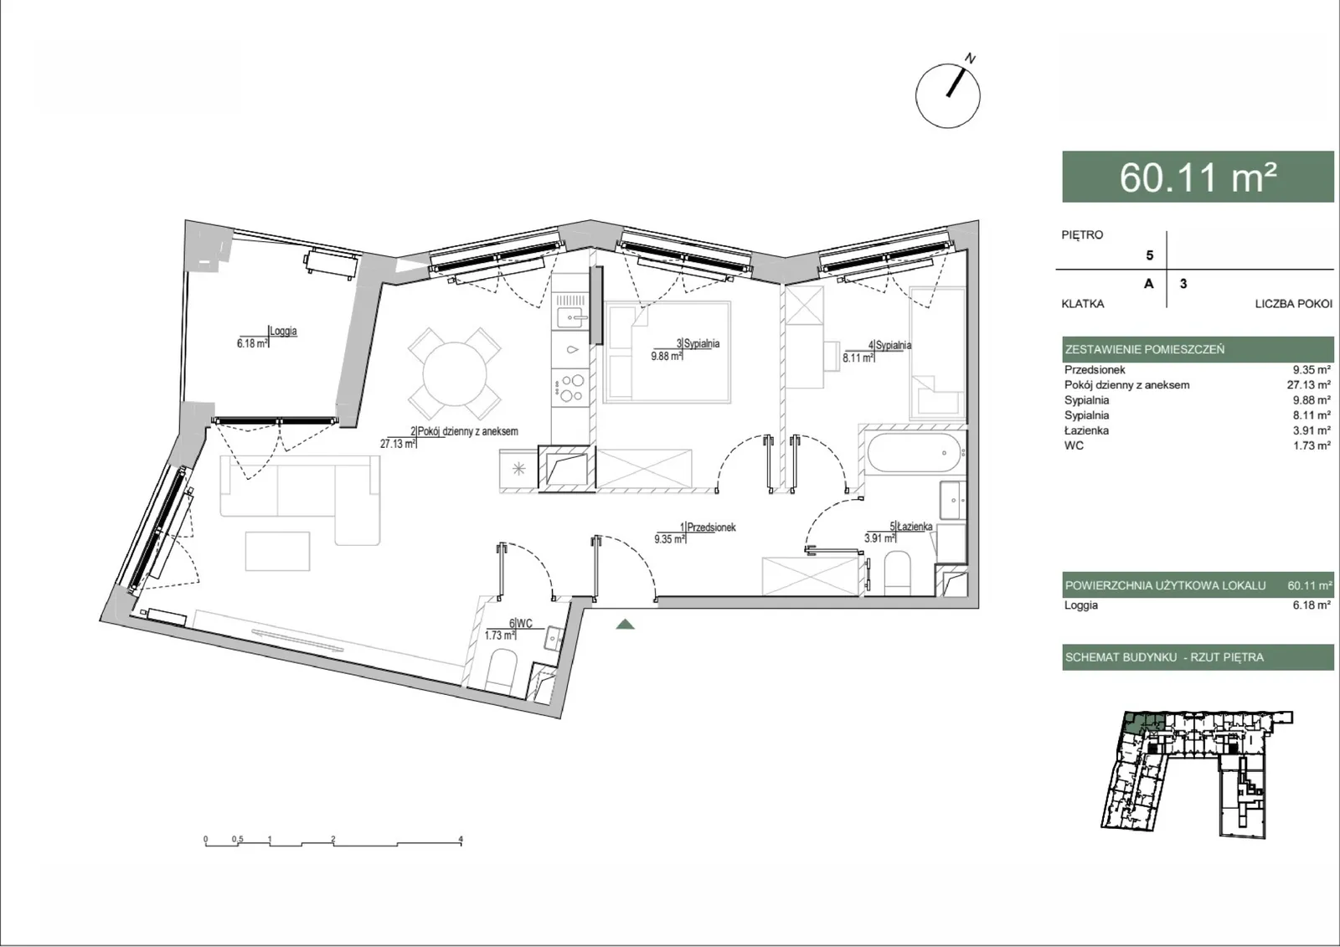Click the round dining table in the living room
tap(455, 374)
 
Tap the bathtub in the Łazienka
tap(914, 453)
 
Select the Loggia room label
tap(283, 331)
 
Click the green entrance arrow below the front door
tap(625, 624)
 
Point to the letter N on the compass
tap(971, 59)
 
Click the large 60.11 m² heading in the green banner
tap(1198, 177)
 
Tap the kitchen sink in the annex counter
tap(569, 317)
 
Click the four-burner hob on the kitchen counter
tap(570, 387)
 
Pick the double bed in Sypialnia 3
tap(667, 352)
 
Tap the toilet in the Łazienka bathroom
tap(897, 573)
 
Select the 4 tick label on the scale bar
tap(461, 839)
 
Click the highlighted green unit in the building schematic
tap(1143, 723)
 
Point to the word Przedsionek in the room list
tap(1095, 370)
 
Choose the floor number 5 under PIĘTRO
tap(1149, 255)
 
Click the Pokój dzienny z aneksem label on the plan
tap(467, 430)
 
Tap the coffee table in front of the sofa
tap(277, 551)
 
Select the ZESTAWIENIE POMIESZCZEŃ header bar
tap(1198, 349)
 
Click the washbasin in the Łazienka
tap(952, 500)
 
